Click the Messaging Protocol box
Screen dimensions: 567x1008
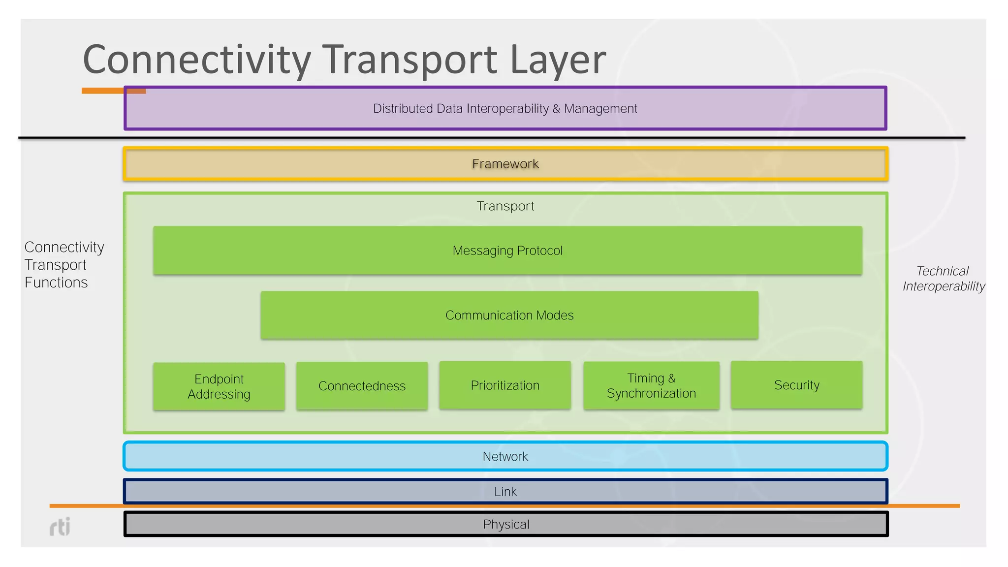pyautogui.click(x=507, y=251)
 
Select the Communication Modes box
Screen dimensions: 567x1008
pyautogui.click(x=509, y=315)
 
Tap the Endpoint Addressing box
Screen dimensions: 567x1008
pyautogui.click(x=219, y=386)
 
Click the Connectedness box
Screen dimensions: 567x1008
pyautogui.click(x=362, y=386)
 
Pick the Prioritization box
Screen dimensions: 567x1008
pyautogui.click(x=505, y=385)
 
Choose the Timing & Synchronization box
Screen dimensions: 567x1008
pyautogui.click(x=651, y=385)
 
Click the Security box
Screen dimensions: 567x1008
pyautogui.click(x=796, y=385)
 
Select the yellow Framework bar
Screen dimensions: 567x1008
pyautogui.click(x=505, y=164)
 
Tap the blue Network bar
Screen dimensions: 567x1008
pyautogui.click(x=505, y=456)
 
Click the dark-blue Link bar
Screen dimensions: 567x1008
pyautogui.click(x=505, y=492)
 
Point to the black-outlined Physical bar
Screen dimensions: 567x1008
pyautogui.click(x=505, y=524)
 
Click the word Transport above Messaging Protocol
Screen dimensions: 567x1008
pyautogui.click(x=505, y=206)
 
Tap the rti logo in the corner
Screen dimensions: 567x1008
pyautogui.click(x=60, y=527)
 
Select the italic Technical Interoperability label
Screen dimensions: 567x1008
pyautogui.click(x=943, y=279)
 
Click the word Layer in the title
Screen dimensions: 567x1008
pyautogui.click(x=558, y=60)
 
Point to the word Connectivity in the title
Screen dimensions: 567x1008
pyautogui.click(x=197, y=60)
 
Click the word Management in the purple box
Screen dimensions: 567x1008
pyautogui.click(x=600, y=108)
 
